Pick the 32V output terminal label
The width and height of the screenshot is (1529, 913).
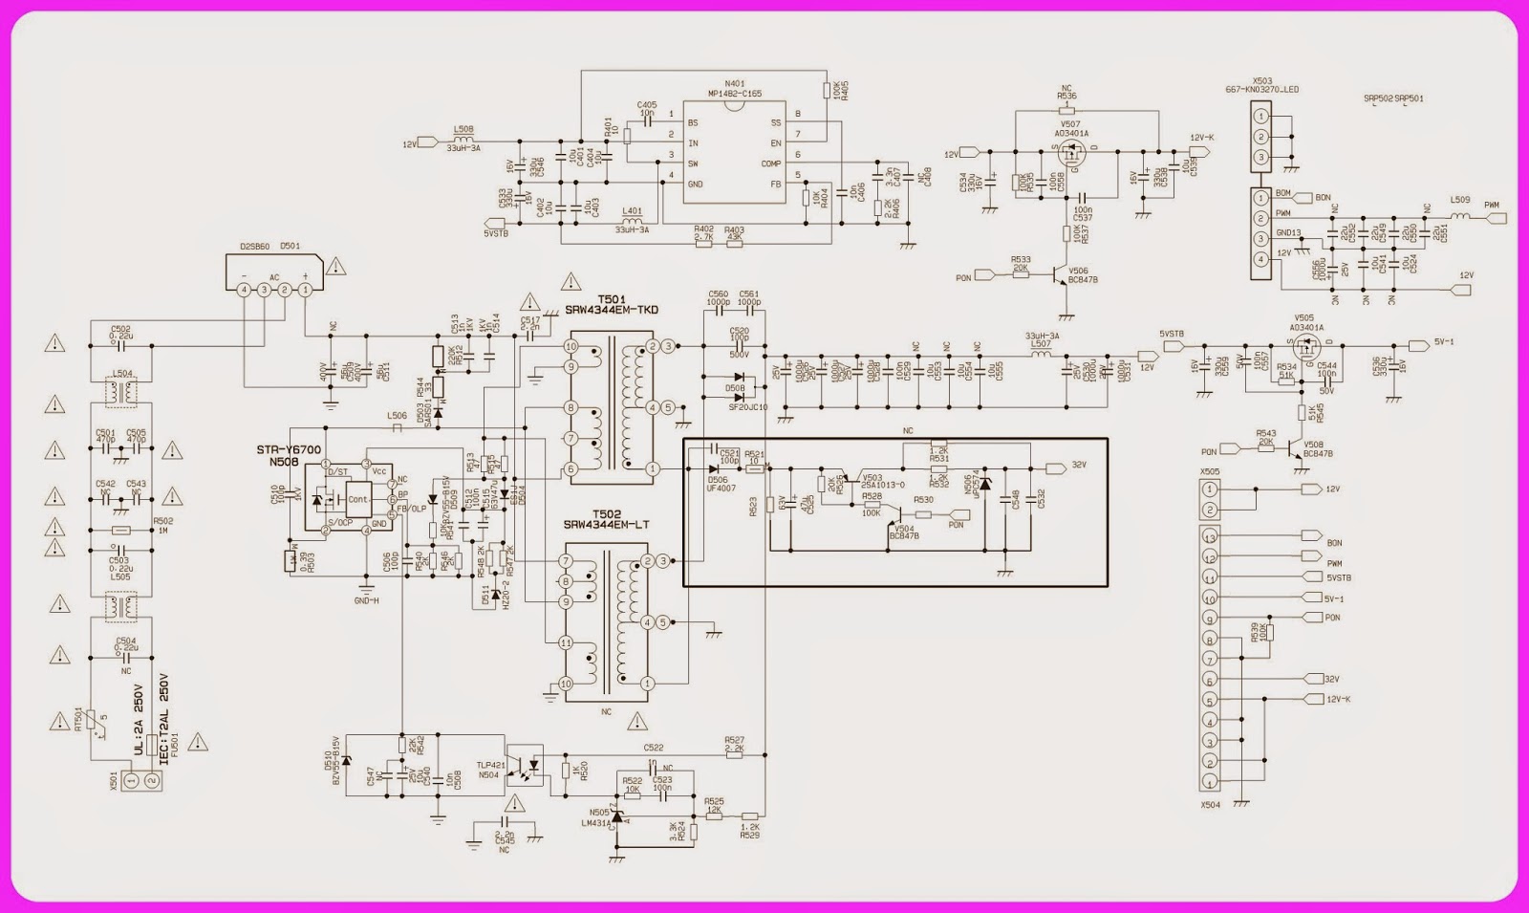[x=1079, y=466]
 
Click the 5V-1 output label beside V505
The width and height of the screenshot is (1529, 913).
[x=1443, y=341]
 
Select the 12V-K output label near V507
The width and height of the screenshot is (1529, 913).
[x=1201, y=137]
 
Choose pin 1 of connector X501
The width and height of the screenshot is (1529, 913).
[x=132, y=782]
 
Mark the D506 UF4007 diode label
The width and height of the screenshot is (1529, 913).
[x=720, y=485]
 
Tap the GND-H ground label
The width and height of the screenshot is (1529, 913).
[x=366, y=600]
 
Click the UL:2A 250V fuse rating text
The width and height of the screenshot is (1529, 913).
[x=140, y=720]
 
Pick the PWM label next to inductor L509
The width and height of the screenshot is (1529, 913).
[x=1491, y=206]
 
